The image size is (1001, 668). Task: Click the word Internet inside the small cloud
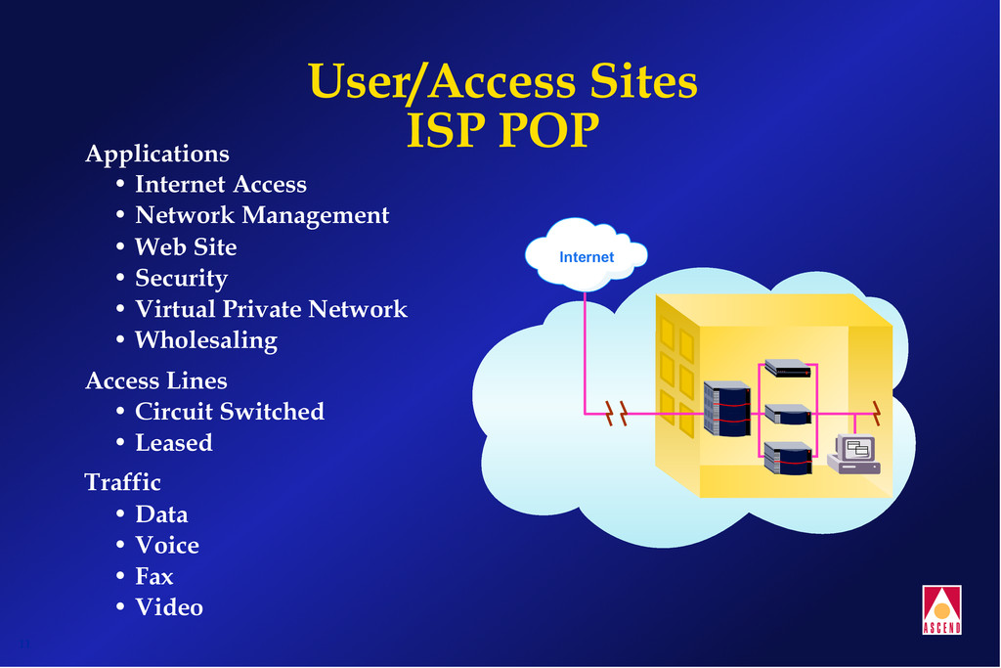[x=587, y=257]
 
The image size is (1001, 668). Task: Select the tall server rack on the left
[x=726, y=409]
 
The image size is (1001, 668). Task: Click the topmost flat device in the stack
[x=788, y=368]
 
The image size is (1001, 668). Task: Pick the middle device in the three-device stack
[x=788, y=414]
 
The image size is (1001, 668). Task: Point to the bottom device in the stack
[x=788, y=458]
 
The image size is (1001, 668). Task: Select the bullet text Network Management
[x=261, y=215]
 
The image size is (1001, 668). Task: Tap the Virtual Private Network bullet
[x=270, y=309]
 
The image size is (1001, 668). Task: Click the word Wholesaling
[x=205, y=340]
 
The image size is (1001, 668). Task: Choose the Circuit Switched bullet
[x=229, y=411]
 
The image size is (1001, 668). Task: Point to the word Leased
[x=173, y=442]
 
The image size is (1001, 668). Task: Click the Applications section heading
[x=157, y=154]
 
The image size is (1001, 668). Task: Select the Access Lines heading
[x=156, y=380]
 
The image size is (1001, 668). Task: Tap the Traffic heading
[x=123, y=482]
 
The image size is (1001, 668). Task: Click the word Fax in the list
[x=153, y=576]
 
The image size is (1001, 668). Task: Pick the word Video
[x=168, y=607]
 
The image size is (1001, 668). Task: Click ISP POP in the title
[x=501, y=130]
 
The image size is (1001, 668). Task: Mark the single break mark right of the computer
[x=876, y=412]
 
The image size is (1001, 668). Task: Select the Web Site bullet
[x=185, y=246]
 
